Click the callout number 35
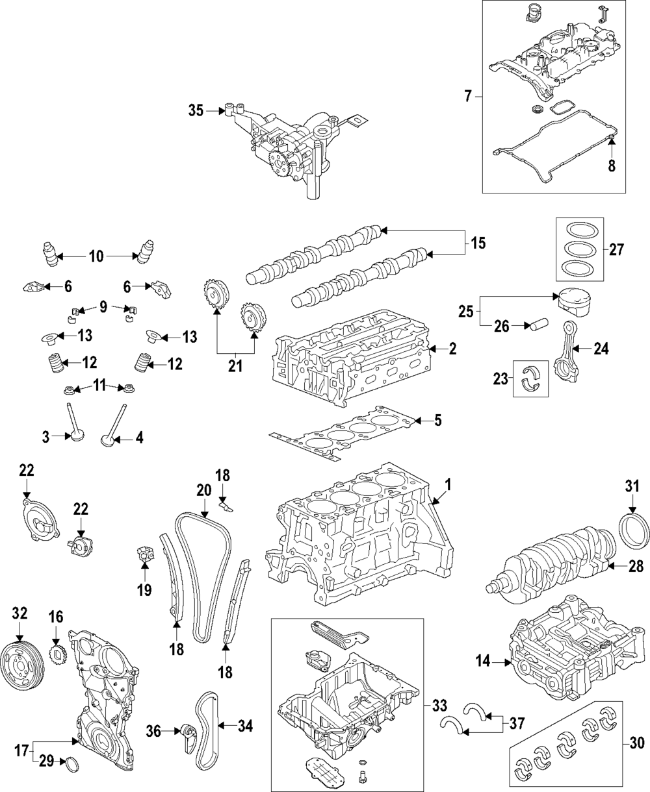click(196, 111)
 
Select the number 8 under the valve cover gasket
click(612, 166)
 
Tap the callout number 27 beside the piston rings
click(617, 249)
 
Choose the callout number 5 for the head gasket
click(437, 421)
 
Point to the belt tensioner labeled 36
click(188, 736)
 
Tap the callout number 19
click(144, 589)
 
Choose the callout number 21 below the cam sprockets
click(235, 365)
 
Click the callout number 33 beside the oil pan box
click(439, 706)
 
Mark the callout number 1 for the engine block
click(447, 485)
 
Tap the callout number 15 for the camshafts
click(478, 243)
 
